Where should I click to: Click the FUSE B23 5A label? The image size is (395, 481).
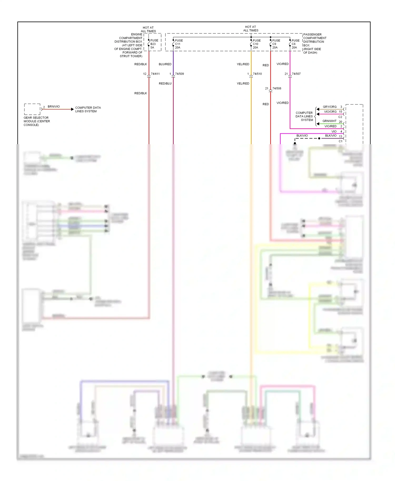pos(154,44)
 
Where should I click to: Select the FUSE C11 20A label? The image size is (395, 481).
pos(179,44)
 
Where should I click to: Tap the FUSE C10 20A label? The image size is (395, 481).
pos(256,44)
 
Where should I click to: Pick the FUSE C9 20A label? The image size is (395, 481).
pos(276,44)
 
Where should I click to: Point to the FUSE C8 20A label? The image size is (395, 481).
pos(295,44)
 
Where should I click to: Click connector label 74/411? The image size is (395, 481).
pos(155,74)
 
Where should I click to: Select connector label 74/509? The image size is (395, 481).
pos(179,74)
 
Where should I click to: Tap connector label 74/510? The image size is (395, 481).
pos(257,74)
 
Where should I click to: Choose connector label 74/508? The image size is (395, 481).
pos(277,88)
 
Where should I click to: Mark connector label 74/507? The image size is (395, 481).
pos(296,74)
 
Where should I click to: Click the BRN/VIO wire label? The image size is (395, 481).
pos(54,107)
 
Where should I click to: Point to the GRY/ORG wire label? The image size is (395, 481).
pos(330,107)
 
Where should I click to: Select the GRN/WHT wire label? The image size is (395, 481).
pos(329,121)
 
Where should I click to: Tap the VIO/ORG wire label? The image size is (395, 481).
pos(330,112)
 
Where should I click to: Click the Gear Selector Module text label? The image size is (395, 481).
pos(37,121)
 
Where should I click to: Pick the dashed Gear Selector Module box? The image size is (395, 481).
pos(32,109)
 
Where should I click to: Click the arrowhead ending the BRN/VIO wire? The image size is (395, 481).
pos(72,109)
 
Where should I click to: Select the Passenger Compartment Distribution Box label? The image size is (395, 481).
pos(314,43)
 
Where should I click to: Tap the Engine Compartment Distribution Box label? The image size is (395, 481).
pos(129,45)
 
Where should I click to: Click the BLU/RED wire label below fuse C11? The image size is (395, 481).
pos(165,64)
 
